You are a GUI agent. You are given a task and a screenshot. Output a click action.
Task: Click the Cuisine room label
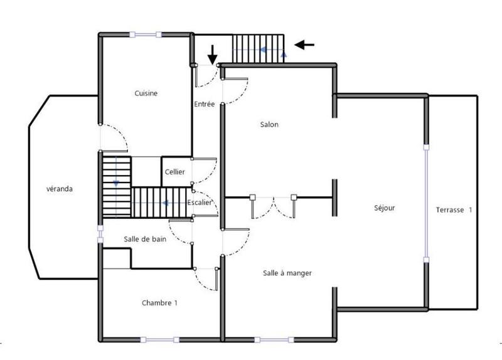pos(146,93)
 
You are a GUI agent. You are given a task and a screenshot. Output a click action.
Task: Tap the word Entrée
pos(205,104)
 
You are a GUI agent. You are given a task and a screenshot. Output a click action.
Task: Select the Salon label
pos(269,125)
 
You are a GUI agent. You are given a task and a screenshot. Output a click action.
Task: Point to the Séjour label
pos(384,208)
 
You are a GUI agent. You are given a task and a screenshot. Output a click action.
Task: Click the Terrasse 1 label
pos(454,209)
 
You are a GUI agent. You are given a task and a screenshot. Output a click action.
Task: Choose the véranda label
pos(61,189)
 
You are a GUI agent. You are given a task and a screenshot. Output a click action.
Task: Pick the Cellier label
pos(174,172)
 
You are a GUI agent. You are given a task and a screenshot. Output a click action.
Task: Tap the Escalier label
pos(200,202)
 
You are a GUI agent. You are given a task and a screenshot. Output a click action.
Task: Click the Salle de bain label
pos(145,238)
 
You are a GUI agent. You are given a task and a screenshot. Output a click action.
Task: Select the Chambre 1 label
pos(159,303)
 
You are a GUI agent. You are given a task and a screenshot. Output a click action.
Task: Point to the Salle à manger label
pos(287,273)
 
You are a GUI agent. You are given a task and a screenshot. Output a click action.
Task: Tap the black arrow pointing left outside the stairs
pos(304,45)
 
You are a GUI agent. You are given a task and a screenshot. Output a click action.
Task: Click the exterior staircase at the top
pos(258,48)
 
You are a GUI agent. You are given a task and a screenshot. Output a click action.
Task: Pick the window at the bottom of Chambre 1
pos(159,340)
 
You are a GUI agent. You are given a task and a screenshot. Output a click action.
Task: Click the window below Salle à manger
pos(273,340)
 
